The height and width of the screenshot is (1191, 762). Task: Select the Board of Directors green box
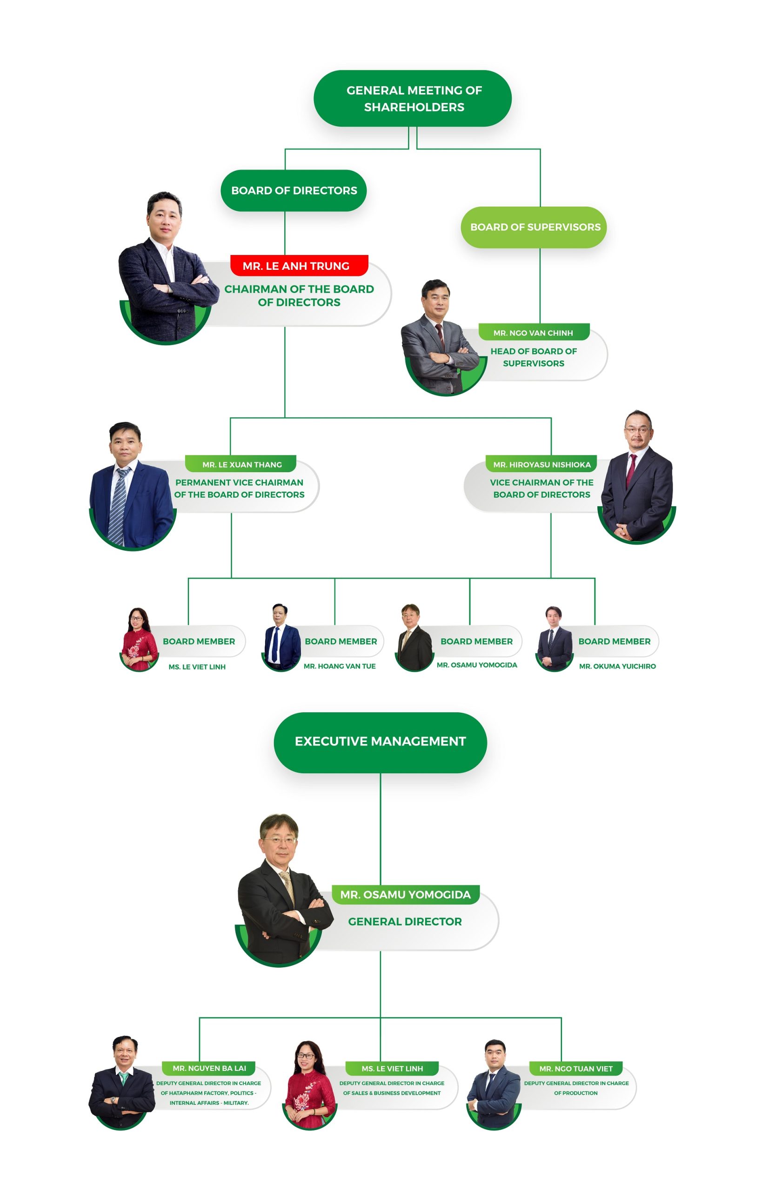pyautogui.click(x=294, y=190)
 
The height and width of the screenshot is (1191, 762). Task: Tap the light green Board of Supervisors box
pyautogui.click(x=534, y=227)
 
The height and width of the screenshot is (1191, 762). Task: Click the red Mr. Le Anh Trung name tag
pyautogui.click(x=299, y=266)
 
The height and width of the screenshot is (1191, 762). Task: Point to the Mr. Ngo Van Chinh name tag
pyautogui.click(x=534, y=333)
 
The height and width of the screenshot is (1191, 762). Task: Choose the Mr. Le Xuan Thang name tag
pyautogui.click(x=241, y=464)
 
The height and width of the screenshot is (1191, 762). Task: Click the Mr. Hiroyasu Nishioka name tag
pyautogui.click(x=541, y=464)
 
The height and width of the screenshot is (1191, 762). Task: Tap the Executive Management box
pyautogui.click(x=380, y=741)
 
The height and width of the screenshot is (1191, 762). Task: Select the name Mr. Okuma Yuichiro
pyautogui.click(x=617, y=666)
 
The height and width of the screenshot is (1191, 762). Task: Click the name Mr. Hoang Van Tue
pyautogui.click(x=340, y=666)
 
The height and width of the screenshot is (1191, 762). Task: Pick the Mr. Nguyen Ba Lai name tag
pyautogui.click(x=209, y=1068)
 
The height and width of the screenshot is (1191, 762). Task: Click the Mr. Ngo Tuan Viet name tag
pyautogui.click(x=575, y=1068)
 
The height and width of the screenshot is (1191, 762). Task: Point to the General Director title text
pyautogui.click(x=405, y=921)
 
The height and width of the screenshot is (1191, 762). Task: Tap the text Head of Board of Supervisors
pyautogui.click(x=534, y=357)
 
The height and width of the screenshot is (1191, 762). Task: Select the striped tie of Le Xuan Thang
pyautogui.click(x=119, y=505)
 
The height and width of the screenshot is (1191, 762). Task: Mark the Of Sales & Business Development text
pyautogui.click(x=391, y=1093)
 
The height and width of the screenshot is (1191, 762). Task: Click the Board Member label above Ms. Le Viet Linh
pyautogui.click(x=199, y=641)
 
